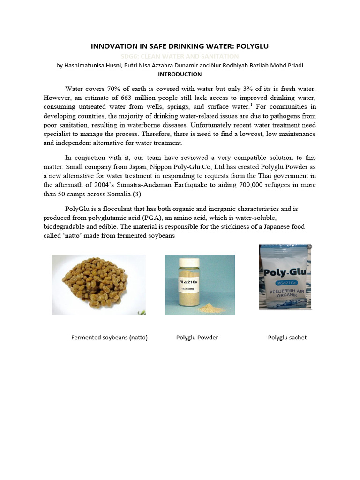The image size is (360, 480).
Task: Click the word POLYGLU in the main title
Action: click(x=252, y=46)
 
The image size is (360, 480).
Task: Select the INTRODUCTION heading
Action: click(x=180, y=74)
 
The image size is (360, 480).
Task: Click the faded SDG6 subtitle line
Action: click(x=180, y=56)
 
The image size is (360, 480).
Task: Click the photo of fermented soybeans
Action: click(x=98, y=285)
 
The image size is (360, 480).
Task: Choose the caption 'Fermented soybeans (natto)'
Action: click(x=109, y=337)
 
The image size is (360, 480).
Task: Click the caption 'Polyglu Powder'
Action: click(x=197, y=337)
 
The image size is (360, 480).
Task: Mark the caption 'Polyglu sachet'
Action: click(x=287, y=337)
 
